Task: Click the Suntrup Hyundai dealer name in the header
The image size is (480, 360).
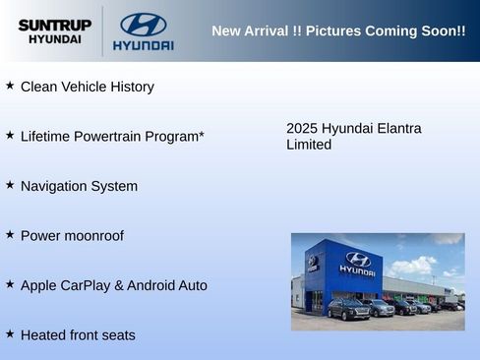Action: click(x=55, y=30)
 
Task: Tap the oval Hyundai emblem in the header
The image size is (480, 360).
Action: click(x=143, y=25)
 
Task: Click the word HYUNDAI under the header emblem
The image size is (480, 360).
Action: click(x=143, y=45)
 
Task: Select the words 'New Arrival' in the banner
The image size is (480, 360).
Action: click(x=250, y=30)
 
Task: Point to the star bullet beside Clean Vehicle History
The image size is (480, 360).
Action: click(x=10, y=86)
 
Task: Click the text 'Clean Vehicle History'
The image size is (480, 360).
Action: click(x=87, y=87)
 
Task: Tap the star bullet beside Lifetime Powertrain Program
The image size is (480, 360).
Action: click(x=10, y=135)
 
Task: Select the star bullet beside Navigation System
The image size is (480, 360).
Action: click(x=10, y=185)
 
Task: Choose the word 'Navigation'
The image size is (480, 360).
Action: click(x=54, y=186)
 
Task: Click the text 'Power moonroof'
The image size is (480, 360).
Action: click(x=72, y=236)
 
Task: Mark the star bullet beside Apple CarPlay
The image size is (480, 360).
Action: click(x=10, y=284)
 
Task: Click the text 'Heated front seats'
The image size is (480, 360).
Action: click(x=78, y=335)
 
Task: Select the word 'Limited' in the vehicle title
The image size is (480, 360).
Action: click(x=308, y=145)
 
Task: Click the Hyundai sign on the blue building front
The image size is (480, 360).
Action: click(x=357, y=263)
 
